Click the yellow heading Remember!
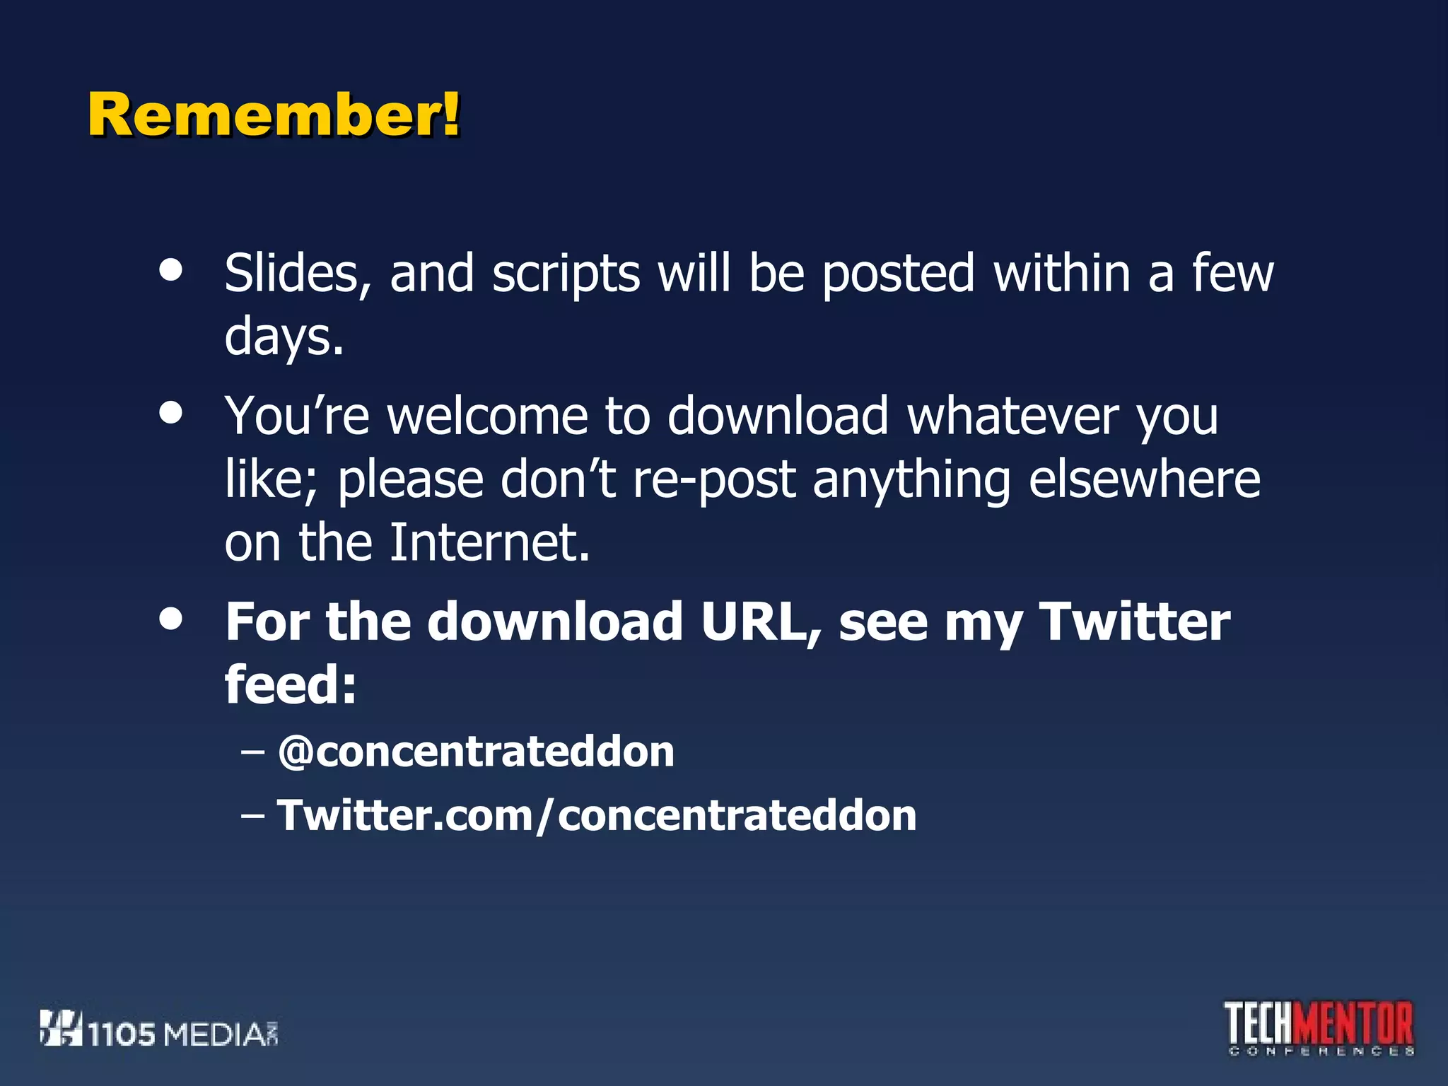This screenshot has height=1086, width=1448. (x=274, y=115)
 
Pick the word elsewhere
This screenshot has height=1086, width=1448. (x=1144, y=479)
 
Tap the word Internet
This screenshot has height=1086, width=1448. (x=489, y=543)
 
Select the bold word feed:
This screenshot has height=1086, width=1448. (x=291, y=684)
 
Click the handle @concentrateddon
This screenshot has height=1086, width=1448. (x=476, y=751)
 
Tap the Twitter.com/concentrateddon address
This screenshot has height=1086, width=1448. (x=596, y=815)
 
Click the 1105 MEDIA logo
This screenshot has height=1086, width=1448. (x=159, y=1030)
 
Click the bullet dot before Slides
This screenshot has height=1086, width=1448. (x=171, y=269)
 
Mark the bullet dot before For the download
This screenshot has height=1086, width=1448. (x=171, y=619)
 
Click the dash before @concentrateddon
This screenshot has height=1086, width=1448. (x=252, y=751)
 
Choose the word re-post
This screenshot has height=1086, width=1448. (x=714, y=481)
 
